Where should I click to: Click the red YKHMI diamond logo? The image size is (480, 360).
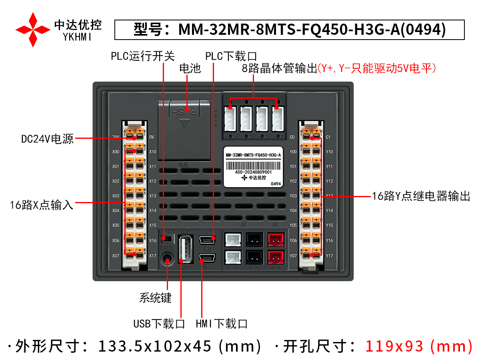click(33, 29)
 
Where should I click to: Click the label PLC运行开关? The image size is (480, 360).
click(143, 56)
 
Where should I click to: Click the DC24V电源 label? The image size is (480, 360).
click(48, 139)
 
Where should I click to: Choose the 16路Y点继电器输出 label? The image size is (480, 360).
click(421, 196)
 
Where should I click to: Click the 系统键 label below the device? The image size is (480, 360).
click(155, 298)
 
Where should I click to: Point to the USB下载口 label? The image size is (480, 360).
click(159, 324)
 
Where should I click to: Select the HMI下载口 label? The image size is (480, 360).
click(222, 324)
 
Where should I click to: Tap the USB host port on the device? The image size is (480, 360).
click(185, 249)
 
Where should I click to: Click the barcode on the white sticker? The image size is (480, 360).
click(253, 166)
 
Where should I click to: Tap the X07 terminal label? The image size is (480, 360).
click(116, 256)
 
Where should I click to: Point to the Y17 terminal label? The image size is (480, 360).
click(329, 256)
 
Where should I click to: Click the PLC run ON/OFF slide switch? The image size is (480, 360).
click(168, 239)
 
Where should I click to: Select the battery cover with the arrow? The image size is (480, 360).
click(184, 128)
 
